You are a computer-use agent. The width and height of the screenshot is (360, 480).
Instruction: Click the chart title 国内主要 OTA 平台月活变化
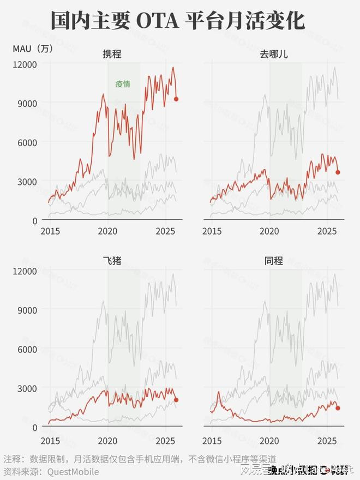pyautogui.click(x=178, y=21)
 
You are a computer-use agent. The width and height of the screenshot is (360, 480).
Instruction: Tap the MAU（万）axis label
pyautogui.click(x=33, y=48)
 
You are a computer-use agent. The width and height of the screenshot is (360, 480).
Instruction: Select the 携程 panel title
pyautogui.click(x=112, y=54)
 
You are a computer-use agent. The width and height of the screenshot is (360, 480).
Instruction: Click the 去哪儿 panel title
pyautogui.click(x=274, y=54)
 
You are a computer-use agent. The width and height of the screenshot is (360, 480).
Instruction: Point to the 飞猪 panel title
pyautogui.click(x=112, y=260)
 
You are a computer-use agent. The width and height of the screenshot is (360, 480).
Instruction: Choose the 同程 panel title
pyautogui.click(x=274, y=260)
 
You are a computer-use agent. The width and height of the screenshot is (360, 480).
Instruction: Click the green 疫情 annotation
pyautogui.click(x=123, y=84)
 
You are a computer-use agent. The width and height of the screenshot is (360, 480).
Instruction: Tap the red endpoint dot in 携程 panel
pyautogui.click(x=176, y=99)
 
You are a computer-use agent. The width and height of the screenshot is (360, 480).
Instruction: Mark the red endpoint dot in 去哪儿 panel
pyautogui.click(x=338, y=172)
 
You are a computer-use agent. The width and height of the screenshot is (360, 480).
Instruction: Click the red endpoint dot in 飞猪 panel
pyautogui.click(x=176, y=400)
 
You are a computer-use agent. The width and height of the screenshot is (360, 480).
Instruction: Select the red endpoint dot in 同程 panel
pyautogui.click(x=338, y=408)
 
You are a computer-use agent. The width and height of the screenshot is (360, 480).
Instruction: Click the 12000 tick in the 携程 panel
pyautogui.click(x=25, y=64)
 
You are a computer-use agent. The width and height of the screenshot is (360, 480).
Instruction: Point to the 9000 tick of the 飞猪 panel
pyautogui.click(x=27, y=309)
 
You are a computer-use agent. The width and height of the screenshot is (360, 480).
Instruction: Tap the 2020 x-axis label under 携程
pyautogui.click(x=107, y=231)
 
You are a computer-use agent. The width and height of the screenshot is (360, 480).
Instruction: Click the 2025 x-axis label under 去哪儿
pyautogui.click(x=327, y=231)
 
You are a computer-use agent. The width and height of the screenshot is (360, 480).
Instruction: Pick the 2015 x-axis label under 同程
pyautogui.click(x=212, y=440)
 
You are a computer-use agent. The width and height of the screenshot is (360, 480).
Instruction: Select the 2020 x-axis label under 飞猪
pyautogui.click(x=107, y=440)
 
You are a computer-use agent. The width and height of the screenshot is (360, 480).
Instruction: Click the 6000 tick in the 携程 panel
pyautogui.click(x=27, y=142)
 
